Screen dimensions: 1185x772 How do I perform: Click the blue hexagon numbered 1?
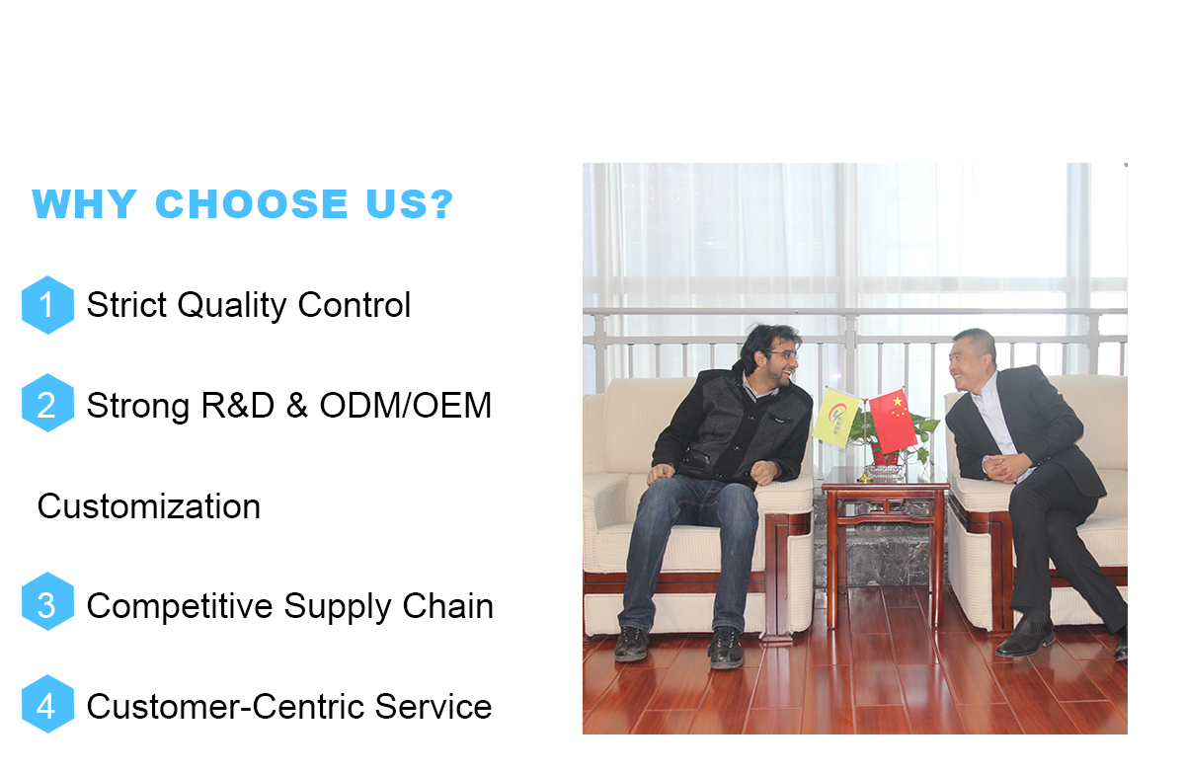47,305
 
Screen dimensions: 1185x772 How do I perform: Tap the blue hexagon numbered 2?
47,403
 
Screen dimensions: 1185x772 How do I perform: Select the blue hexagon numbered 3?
47,601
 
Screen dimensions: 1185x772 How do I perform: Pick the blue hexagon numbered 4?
47,704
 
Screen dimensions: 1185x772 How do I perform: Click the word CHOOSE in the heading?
252,203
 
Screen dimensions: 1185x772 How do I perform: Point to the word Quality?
232,306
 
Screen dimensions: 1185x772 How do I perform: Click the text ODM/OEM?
405,406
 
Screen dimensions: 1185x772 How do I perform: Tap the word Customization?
149,506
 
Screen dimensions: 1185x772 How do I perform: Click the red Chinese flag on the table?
893,421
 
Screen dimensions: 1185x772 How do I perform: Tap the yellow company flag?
835,419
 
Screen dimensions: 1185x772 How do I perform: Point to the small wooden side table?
885,545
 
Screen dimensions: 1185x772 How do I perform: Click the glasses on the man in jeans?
782,353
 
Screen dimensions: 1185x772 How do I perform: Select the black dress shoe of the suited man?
1024,638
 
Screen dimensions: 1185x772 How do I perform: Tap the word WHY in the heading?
85,203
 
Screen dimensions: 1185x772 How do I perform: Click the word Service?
434,707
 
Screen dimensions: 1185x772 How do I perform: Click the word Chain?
447,605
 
